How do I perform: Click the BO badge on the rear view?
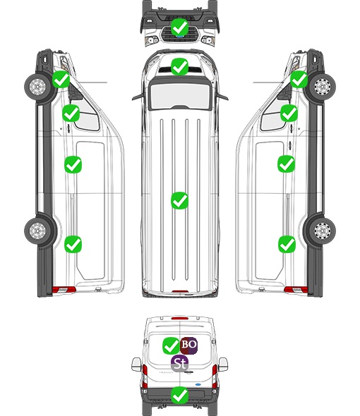(189, 345)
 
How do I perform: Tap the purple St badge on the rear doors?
(180, 363)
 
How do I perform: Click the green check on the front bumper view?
(179, 27)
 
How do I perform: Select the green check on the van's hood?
(179, 66)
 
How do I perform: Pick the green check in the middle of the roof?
(179, 200)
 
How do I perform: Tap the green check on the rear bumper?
(179, 396)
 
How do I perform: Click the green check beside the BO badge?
(171, 345)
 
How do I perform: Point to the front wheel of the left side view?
(37, 86)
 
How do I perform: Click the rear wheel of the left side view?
(37, 231)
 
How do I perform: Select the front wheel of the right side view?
(323, 86)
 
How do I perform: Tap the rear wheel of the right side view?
(323, 231)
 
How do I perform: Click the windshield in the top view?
(180, 95)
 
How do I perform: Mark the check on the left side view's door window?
(71, 113)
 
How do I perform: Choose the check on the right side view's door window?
(289, 113)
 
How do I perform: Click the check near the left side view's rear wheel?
(73, 245)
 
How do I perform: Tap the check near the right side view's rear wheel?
(287, 245)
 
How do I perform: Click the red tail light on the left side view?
(64, 290)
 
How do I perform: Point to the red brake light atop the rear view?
(180, 318)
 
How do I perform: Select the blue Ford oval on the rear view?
(198, 384)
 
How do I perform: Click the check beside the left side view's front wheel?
(61, 79)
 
